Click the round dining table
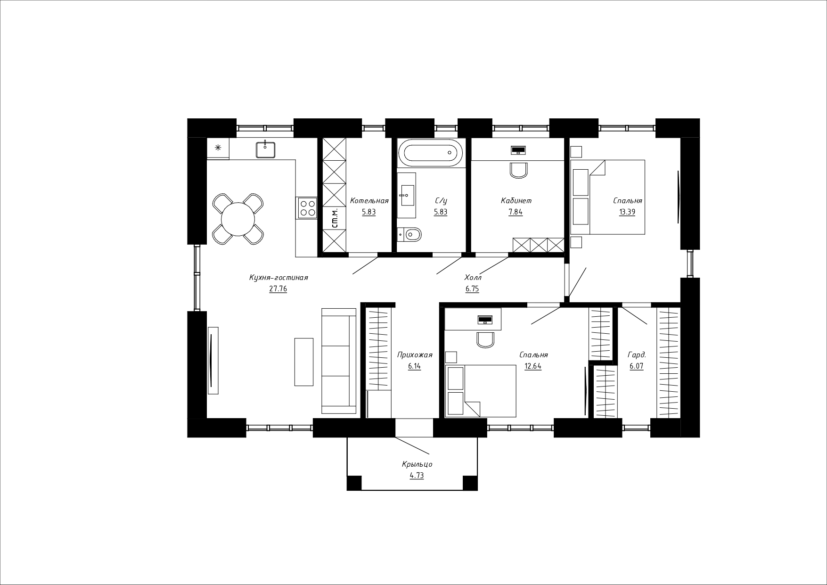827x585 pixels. click(x=238, y=219)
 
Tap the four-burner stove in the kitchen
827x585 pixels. click(x=307, y=208)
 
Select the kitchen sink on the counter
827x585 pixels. click(x=265, y=149)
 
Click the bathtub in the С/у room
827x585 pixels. click(x=430, y=152)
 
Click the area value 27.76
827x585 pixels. click(x=278, y=289)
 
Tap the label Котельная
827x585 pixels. click(x=369, y=201)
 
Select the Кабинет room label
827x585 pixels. click(x=516, y=201)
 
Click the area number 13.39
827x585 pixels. click(x=627, y=212)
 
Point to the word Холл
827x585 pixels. click(x=473, y=278)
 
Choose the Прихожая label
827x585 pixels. click(x=415, y=355)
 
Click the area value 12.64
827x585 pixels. click(x=533, y=366)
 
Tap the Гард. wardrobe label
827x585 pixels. click(x=637, y=355)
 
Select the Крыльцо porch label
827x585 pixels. click(x=417, y=464)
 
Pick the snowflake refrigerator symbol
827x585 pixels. click(x=218, y=148)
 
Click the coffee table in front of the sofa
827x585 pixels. click(x=304, y=362)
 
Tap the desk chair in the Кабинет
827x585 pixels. click(x=518, y=170)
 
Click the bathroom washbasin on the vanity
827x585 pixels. click(x=407, y=195)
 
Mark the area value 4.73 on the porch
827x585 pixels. click(x=417, y=476)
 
